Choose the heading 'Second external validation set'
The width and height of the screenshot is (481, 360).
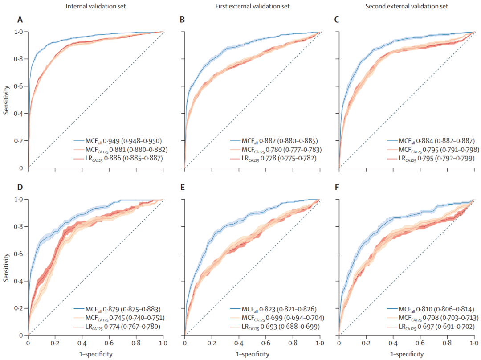407,6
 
